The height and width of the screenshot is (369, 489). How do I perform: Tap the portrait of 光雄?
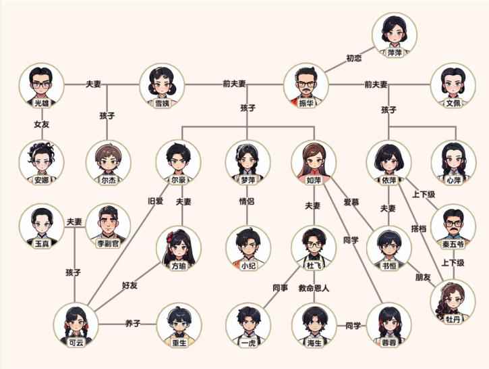[42, 85]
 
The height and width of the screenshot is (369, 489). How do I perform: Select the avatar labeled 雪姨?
[162, 85]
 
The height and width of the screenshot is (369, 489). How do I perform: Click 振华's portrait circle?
[306, 85]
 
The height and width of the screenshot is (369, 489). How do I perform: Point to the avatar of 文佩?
[453, 85]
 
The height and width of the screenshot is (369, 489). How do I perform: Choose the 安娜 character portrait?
[42, 162]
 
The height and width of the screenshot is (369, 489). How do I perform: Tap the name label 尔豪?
[178, 180]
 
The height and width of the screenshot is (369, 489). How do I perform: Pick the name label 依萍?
[389, 180]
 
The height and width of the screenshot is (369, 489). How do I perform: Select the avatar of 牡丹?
[453, 301]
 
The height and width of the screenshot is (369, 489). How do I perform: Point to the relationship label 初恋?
[353, 59]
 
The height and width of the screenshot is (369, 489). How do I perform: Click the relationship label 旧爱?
[156, 201]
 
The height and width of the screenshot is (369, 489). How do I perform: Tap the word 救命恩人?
[314, 288]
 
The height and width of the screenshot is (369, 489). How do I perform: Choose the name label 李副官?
[109, 243]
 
